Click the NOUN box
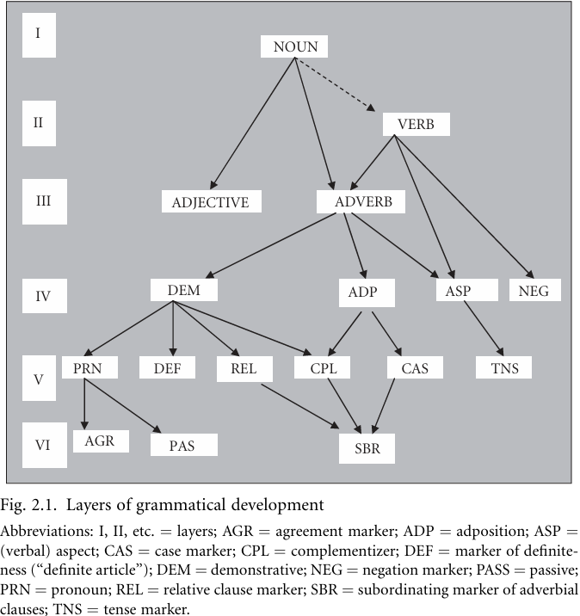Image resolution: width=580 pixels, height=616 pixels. tap(295, 46)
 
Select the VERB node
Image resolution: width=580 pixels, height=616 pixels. tap(416, 124)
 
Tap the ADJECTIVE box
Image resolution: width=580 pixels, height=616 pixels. tap(211, 202)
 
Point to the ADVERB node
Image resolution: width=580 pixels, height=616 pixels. tap(361, 201)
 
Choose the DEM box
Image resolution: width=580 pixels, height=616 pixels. tap(183, 290)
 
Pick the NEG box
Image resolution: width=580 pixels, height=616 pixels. tap(534, 290)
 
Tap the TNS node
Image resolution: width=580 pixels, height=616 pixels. tap(503, 368)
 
